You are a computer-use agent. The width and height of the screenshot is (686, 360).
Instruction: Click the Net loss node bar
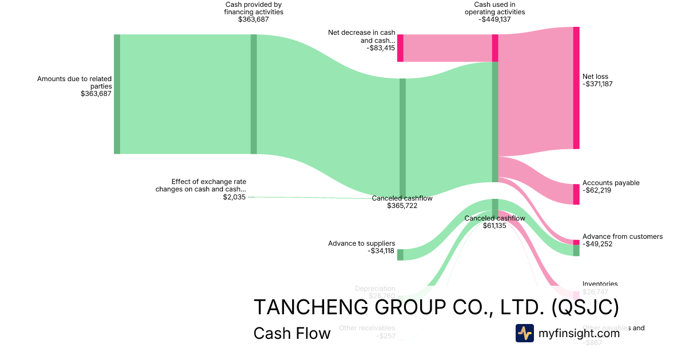[576, 88]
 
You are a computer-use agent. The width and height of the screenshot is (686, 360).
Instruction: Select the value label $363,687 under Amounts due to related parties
[96, 94]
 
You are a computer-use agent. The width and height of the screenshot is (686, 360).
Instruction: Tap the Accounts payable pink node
[576, 194]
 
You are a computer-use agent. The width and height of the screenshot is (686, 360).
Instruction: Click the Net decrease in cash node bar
[400, 48]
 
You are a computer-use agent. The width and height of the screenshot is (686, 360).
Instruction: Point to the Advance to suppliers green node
[400, 255]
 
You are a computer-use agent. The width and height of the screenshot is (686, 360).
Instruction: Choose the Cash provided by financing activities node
[254, 94]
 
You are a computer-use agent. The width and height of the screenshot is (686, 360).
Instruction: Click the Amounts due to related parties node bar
[117, 94]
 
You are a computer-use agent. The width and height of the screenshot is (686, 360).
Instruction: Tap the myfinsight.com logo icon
[524, 333]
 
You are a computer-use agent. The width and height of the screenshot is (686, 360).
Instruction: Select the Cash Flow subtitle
[292, 333]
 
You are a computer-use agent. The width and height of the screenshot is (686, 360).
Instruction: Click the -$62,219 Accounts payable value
[597, 190]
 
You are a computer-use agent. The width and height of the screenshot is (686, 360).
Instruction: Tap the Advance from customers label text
[623, 237]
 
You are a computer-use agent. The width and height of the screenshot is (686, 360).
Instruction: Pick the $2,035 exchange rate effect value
[234, 197]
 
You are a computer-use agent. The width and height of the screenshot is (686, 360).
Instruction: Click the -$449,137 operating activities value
[494, 19]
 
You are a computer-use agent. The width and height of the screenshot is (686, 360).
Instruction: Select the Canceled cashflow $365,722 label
[402, 202]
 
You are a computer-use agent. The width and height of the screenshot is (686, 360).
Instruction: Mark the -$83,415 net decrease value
[381, 48]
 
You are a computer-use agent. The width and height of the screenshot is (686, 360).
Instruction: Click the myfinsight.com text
[579, 333]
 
